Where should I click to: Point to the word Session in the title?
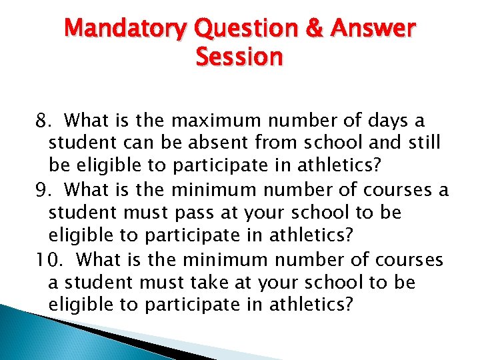(239, 57)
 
